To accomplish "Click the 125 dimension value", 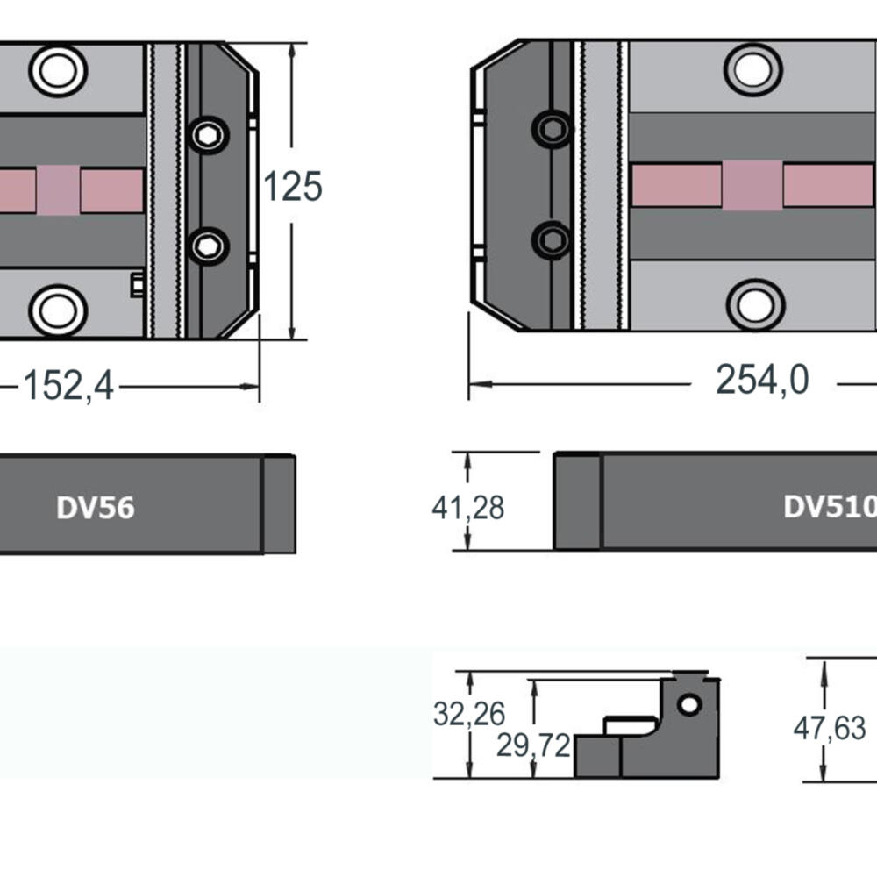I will (293, 187).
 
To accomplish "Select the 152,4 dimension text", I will (68, 385).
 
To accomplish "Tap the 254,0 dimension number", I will (761, 381).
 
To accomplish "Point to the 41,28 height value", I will (467, 508).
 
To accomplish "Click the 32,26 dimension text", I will (469, 715).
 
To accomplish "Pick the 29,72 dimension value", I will (532, 745).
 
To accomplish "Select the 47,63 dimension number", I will (829, 728).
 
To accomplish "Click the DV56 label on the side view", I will (96, 508).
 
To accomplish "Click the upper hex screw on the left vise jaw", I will (208, 134).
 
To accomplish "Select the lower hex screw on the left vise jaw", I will (208, 246).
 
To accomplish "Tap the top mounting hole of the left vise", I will (58, 70).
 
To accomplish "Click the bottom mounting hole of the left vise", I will (58, 310).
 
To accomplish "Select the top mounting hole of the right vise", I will (753, 69).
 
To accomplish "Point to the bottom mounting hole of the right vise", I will (755, 304).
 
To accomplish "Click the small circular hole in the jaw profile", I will (689, 704).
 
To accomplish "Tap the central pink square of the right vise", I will (752, 186).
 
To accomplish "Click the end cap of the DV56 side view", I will (279, 504).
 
